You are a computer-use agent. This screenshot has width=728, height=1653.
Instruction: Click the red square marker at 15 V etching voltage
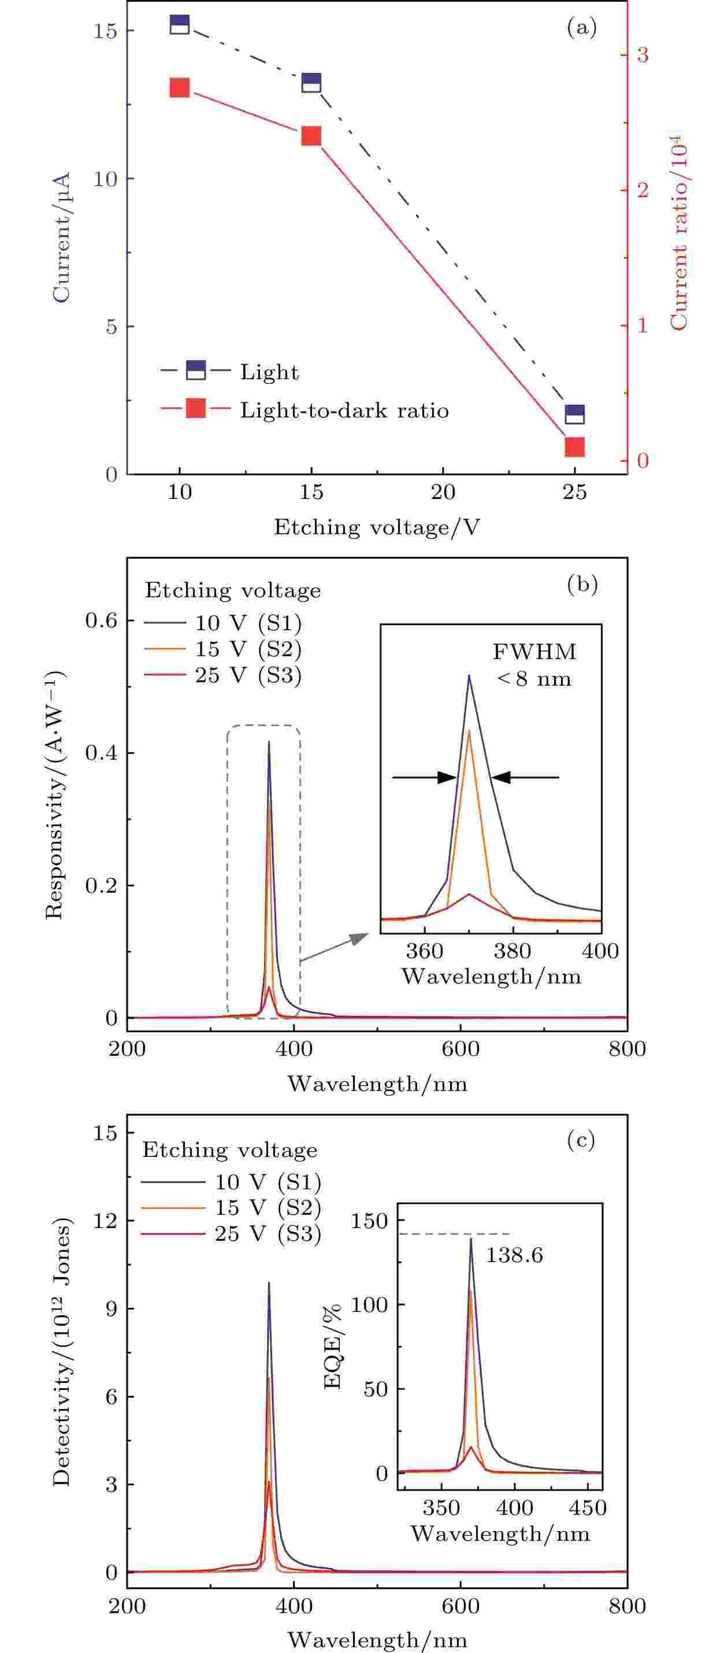coord(311,136)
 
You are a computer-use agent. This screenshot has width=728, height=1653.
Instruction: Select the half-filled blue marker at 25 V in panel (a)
coord(575,414)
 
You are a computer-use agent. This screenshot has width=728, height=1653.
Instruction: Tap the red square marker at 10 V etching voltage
coord(180,88)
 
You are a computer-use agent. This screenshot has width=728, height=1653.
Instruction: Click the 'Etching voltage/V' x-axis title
coord(377,527)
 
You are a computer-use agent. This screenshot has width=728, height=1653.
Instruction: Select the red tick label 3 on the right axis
coord(642,54)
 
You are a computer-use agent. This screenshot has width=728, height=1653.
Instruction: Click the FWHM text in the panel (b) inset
coord(534,652)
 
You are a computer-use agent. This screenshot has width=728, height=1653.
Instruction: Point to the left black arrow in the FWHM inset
coord(424,777)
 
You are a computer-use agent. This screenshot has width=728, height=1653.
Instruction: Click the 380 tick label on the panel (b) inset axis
coord(512,951)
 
